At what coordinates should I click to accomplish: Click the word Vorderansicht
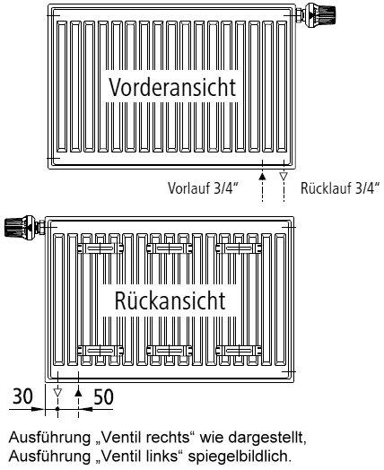172,87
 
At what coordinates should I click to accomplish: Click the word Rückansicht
170,300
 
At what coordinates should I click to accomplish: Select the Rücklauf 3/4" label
340,188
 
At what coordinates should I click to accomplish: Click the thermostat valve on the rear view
24,227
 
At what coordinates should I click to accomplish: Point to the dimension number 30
22,396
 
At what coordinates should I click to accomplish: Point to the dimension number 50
104,396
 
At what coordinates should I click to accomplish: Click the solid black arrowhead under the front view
262,176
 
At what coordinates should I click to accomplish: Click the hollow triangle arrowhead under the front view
284,176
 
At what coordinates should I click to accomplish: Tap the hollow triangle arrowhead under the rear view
57,392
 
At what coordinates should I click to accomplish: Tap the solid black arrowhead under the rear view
78,392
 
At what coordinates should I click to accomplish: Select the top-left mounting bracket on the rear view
100,248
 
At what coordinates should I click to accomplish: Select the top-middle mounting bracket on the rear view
170,248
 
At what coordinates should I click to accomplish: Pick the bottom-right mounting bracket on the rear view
239,351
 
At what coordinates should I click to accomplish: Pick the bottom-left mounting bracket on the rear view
100,351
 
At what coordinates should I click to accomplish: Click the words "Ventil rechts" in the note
145,438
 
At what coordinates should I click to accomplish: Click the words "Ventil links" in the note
139,457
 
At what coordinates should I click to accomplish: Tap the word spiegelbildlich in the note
240,457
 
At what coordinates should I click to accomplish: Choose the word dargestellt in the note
267,439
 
